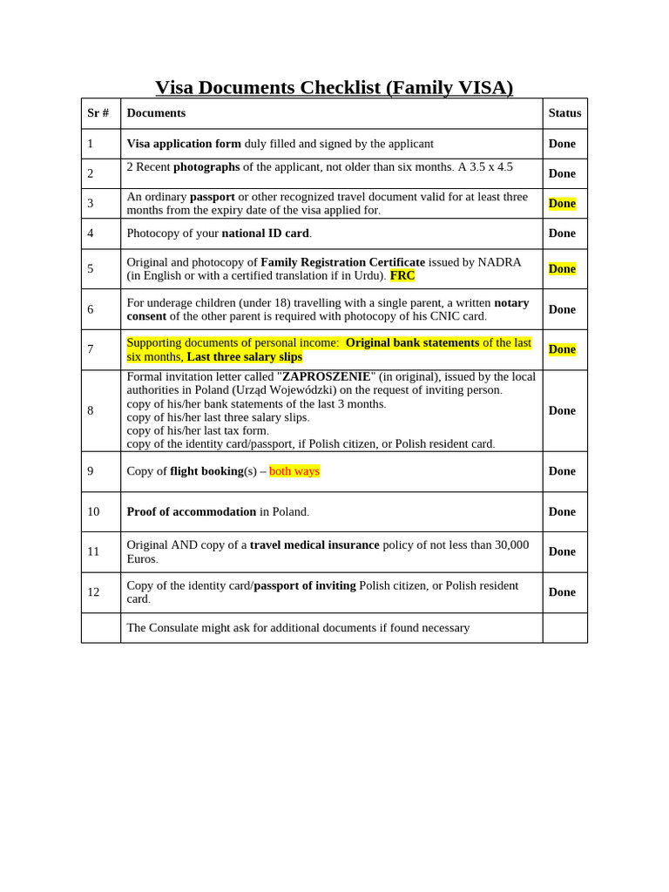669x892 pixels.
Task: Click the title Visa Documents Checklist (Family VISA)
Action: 334,87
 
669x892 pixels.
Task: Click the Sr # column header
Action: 98,113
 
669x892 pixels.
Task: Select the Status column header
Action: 564,113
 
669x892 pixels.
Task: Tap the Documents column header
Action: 156,113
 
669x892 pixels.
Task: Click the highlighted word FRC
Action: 402,275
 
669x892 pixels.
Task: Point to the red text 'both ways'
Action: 294,471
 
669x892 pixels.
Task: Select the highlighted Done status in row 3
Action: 562,203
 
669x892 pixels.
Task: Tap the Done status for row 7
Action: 562,349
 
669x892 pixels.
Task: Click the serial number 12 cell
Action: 93,592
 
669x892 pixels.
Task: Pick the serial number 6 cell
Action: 91,309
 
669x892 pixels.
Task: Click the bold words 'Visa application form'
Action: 184,144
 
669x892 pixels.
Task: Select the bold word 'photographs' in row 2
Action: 206,166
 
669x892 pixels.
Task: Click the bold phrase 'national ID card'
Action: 265,233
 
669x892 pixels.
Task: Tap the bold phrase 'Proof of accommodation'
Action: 192,512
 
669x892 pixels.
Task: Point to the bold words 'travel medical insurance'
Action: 314,544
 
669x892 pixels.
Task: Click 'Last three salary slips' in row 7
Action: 244,356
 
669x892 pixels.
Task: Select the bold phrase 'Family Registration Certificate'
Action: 342,262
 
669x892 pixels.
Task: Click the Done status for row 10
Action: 562,512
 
